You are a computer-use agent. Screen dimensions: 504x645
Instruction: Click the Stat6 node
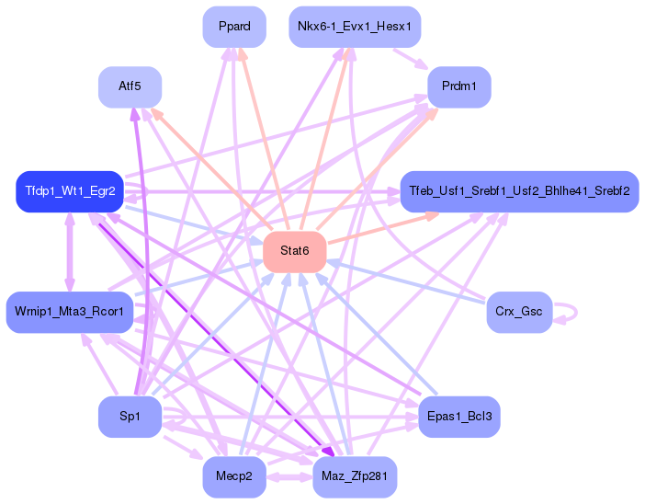[295, 251]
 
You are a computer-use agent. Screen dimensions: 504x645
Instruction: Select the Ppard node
[234, 27]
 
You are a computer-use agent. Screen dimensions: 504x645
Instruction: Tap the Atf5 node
[130, 86]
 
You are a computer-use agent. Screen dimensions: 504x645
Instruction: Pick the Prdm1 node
[458, 86]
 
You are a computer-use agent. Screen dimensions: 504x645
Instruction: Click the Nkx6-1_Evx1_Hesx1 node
[355, 27]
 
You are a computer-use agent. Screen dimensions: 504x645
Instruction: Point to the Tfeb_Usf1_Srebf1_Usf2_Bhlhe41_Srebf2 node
[519, 191]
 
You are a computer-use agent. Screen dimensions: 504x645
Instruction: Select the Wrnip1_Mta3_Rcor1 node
[69, 312]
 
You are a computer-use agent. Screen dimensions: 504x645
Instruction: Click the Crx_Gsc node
[518, 312]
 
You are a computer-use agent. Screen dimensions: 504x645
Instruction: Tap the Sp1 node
[130, 417]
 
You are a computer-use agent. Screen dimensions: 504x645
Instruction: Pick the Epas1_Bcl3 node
[458, 417]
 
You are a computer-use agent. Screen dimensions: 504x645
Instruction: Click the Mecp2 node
[234, 476]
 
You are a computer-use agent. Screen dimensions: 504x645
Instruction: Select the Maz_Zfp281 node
[355, 476]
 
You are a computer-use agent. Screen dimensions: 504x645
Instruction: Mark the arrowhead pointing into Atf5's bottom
[135, 114]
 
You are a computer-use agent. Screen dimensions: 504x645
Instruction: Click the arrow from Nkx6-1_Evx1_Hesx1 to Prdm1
[411, 58]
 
